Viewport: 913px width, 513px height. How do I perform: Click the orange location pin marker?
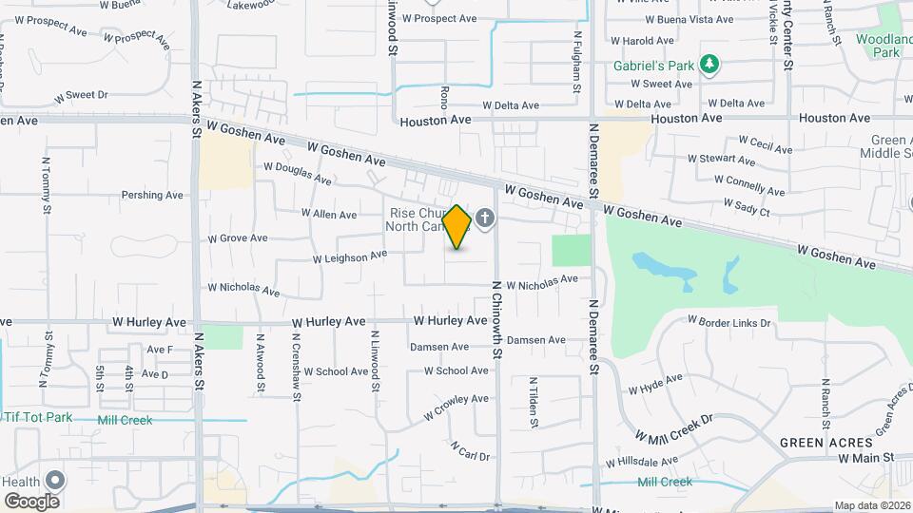[x=457, y=227]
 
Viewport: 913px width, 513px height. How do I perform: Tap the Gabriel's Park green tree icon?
[x=709, y=65]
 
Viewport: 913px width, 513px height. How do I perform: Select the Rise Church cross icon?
[x=485, y=220]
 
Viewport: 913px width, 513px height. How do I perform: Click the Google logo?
[x=31, y=501]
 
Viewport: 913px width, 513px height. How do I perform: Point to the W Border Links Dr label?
[x=728, y=323]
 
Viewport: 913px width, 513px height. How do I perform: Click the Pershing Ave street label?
[x=152, y=196]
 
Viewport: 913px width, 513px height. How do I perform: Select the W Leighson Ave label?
[x=350, y=256]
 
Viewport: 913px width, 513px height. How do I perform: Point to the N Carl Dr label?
[x=470, y=450]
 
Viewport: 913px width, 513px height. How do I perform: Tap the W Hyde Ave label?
[x=655, y=384]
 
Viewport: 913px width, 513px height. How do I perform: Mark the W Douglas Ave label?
[x=298, y=172]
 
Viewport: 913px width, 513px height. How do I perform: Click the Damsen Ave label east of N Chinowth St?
[x=535, y=340]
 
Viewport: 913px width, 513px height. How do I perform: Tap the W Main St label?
[x=866, y=458]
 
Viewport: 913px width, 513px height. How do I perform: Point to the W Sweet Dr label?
[x=81, y=96]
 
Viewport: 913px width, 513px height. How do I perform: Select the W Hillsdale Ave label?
[x=642, y=462]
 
